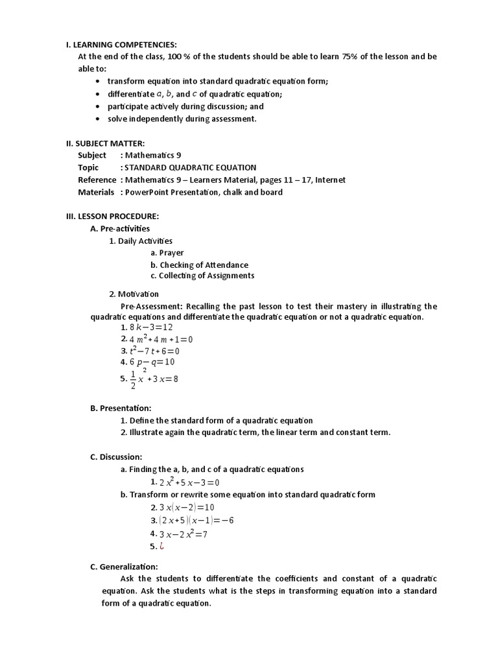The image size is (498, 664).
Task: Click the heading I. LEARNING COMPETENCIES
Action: point(121,44)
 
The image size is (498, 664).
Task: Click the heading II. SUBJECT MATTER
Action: point(106,143)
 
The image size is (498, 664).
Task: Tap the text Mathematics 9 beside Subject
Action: point(148,156)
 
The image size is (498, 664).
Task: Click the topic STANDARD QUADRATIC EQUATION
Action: point(191,167)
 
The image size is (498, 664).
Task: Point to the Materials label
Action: point(96,192)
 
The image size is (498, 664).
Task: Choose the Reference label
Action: point(97,180)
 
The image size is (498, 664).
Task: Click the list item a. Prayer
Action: point(167,253)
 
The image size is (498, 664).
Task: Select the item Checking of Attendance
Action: point(199,265)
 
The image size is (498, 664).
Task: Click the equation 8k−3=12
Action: point(152,327)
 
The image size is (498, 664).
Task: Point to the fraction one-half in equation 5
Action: point(133,379)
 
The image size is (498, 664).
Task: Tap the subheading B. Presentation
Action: point(121,408)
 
